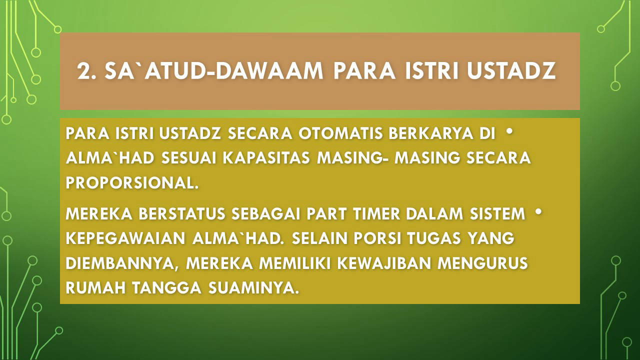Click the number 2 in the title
click(83, 70)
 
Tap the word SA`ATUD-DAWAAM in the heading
click(213, 70)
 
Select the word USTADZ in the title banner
click(511, 70)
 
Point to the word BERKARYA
click(431, 133)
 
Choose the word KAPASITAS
click(266, 158)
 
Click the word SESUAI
click(189, 158)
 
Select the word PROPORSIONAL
click(132, 182)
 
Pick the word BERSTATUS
click(182, 213)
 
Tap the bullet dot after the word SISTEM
click(538, 211)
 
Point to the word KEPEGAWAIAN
click(125, 238)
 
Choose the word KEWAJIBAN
click(384, 263)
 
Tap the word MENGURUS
click(482, 263)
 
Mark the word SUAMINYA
click(253, 287)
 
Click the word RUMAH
click(95, 287)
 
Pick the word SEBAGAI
click(265, 213)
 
